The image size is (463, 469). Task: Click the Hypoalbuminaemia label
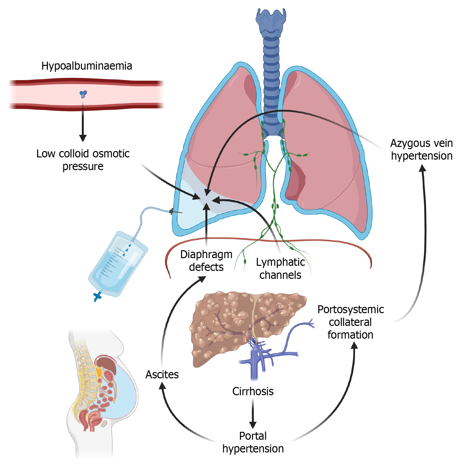87,66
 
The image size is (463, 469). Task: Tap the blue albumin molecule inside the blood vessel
83,94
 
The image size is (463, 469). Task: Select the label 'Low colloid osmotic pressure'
83,160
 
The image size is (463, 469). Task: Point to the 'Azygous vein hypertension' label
422,149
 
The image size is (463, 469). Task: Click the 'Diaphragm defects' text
206,261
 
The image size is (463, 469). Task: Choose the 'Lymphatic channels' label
280,268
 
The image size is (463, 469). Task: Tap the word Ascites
162,375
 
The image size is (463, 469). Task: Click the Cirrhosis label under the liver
253,391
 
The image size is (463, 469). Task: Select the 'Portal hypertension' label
253,442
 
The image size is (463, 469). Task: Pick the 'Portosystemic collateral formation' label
351,322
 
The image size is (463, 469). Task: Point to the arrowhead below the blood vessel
83,138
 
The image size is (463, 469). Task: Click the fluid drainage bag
118,264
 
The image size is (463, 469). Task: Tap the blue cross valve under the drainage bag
97,297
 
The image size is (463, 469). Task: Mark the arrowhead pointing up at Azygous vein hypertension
423,169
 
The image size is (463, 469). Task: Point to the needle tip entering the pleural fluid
182,212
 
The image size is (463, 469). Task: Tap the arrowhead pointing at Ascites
162,386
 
